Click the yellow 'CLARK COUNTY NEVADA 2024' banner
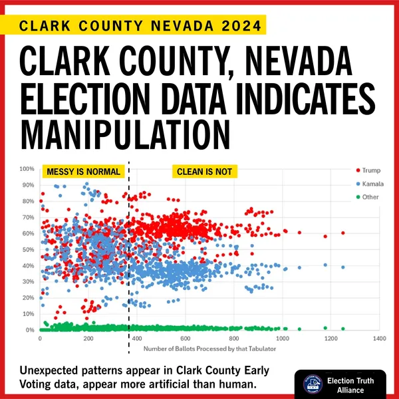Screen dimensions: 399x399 139,25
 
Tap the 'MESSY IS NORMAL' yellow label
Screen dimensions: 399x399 84,172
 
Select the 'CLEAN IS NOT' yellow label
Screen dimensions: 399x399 204,172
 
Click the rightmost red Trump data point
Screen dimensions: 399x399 343,233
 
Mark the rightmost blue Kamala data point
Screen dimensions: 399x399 343,267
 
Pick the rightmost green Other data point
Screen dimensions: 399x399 343,329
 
